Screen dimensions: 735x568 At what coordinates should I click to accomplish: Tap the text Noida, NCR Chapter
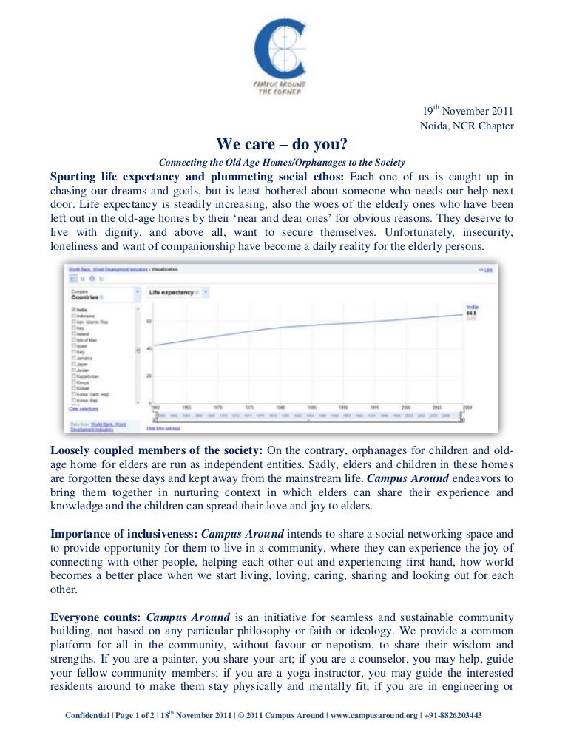[467, 126]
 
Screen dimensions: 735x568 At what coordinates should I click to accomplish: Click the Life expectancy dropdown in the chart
[172, 293]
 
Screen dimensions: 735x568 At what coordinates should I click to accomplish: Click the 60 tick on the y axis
[149, 321]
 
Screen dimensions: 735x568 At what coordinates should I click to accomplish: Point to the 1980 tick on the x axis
[281, 407]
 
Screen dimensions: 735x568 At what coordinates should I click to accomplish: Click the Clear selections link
[84, 409]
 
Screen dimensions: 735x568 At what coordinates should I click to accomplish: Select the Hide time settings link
[163, 428]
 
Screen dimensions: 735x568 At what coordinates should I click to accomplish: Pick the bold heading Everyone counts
[95, 616]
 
